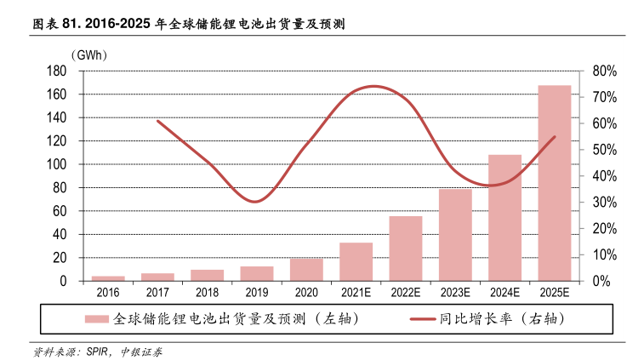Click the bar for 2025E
click(554, 183)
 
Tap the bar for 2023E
click(455, 235)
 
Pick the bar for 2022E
click(406, 249)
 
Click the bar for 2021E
click(356, 261)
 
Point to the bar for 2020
click(306, 269)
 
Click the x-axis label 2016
click(108, 293)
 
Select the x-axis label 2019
click(257, 293)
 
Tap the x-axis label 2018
click(208, 293)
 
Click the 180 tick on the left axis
click(58, 71)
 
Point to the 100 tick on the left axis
click(58, 164)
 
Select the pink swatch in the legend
click(95, 320)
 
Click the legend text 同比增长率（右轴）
click(502, 320)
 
